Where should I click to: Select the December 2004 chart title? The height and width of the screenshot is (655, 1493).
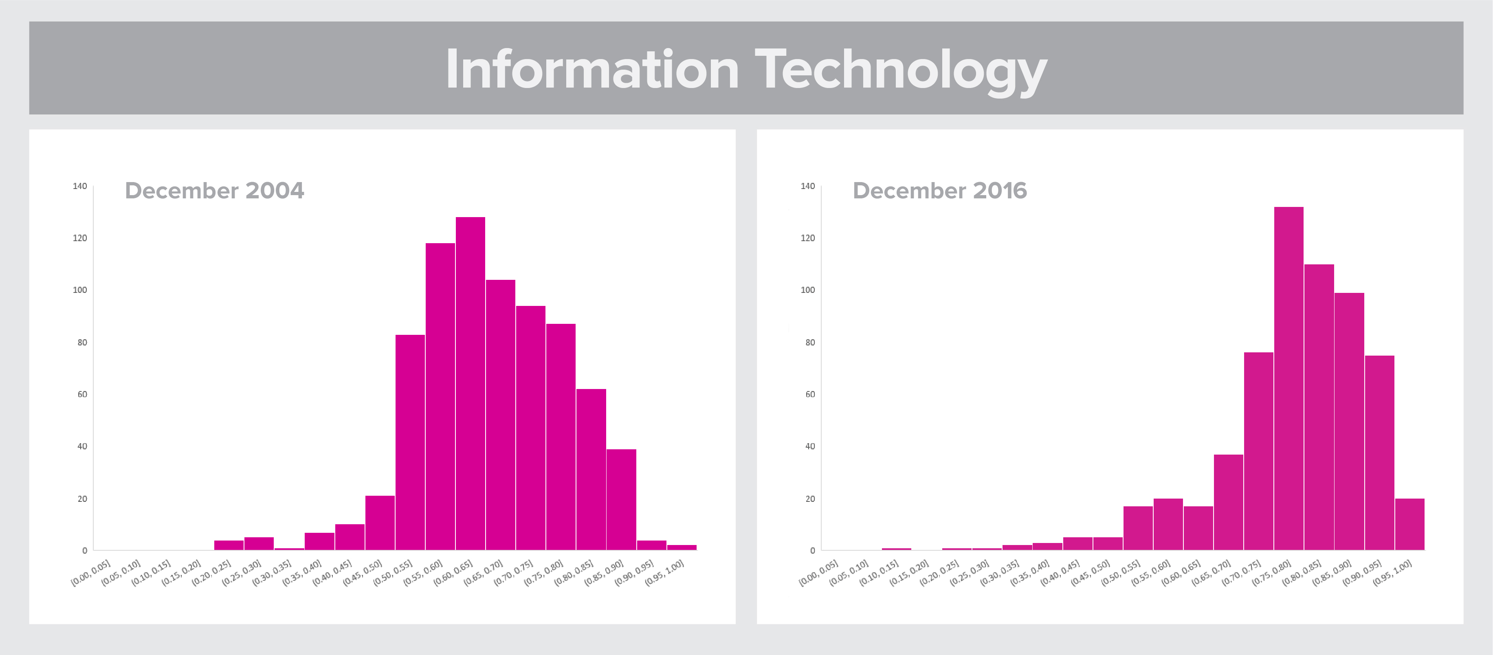tap(214, 191)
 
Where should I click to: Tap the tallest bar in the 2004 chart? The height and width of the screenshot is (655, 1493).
tap(470, 382)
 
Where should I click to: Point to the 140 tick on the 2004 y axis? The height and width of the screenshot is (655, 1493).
tap(80, 186)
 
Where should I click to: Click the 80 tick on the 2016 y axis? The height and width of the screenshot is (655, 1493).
tap(810, 343)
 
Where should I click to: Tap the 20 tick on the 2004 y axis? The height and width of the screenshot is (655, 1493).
tap(82, 499)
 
